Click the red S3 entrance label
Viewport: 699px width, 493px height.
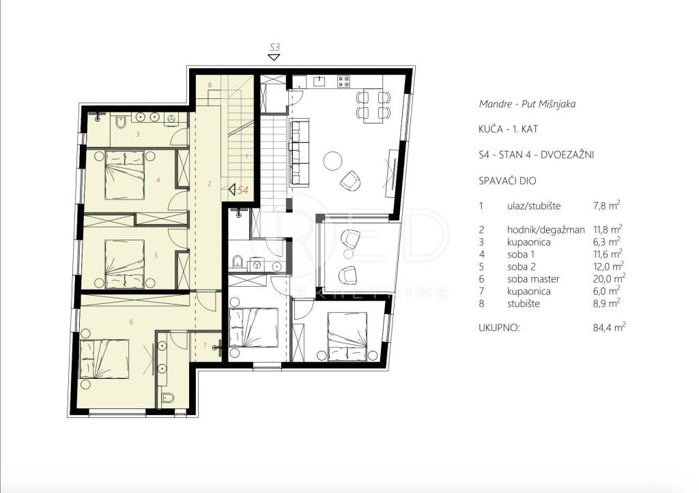275,47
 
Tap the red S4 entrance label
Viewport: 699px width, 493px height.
243,191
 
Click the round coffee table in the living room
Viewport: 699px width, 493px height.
332,161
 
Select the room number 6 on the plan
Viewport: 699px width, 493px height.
131,322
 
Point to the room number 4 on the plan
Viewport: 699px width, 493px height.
158,180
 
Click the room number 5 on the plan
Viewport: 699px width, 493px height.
156,255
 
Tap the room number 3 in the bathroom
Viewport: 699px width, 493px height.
138,134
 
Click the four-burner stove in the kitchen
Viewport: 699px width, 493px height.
344,81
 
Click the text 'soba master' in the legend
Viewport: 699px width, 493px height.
533,279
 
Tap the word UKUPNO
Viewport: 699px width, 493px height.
499,328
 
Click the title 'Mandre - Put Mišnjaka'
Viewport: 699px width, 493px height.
527,104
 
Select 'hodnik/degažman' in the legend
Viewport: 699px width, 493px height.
545,230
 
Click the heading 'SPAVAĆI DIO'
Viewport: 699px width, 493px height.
507,181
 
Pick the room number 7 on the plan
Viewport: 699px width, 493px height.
205,346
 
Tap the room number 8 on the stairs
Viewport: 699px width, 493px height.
210,85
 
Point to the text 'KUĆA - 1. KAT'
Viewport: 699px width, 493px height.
508,129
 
